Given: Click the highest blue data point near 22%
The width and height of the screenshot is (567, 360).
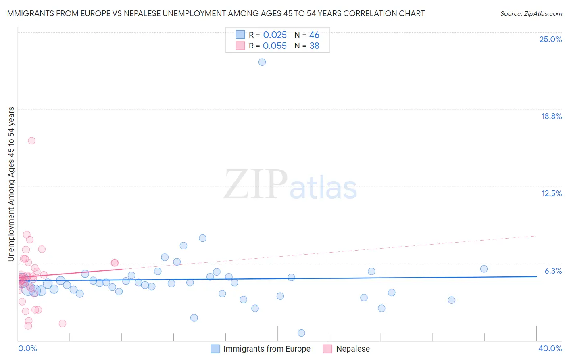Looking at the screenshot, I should [x=262, y=62].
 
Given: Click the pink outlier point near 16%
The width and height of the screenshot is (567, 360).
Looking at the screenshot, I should [x=32, y=141].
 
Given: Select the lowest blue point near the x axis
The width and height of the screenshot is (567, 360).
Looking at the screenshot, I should [x=301, y=333].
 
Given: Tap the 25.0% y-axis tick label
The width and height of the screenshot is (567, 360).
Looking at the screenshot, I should [x=550, y=39].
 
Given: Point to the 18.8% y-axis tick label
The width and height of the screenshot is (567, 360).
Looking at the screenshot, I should [x=551, y=116].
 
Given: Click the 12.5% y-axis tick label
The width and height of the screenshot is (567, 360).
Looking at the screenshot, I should [x=551, y=193].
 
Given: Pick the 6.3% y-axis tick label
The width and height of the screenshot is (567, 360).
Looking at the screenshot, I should [x=553, y=271].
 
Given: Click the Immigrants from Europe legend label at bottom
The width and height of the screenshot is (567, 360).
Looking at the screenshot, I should [x=267, y=349].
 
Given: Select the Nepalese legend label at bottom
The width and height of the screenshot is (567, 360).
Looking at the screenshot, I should [x=353, y=349].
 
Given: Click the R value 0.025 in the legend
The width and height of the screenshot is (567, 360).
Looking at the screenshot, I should [x=275, y=35].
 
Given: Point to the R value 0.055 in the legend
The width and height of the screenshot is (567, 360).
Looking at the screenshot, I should [x=275, y=46].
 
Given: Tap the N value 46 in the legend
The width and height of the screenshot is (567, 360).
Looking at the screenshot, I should [x=314, y=35].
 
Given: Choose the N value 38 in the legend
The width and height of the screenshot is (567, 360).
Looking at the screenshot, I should [x=314, y=46].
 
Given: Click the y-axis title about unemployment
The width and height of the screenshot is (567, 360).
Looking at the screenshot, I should [x=11, y=184].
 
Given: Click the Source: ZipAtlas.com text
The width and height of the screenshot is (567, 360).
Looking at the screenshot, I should [x=531, y=14].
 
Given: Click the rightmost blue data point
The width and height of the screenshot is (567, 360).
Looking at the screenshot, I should [x=484, y=269].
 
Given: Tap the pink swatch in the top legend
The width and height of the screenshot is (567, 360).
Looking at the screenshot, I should [x=240, y=46].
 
